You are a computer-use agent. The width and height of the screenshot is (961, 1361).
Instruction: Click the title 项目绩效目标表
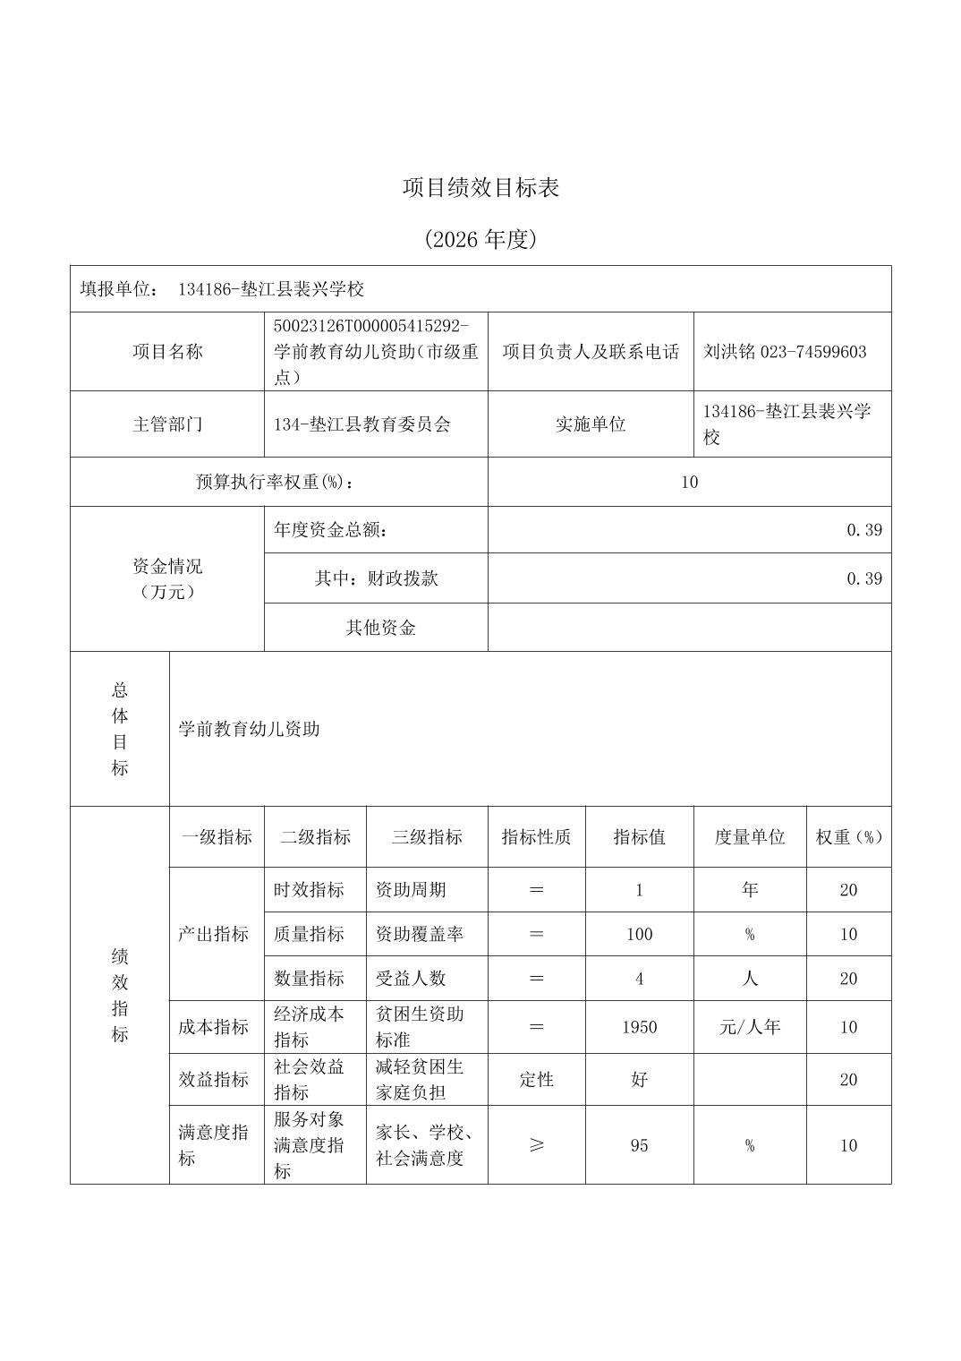(480, 188)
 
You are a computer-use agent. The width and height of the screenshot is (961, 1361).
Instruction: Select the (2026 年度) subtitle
(480, 239)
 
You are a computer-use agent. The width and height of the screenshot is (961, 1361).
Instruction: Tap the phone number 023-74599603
(813, 352)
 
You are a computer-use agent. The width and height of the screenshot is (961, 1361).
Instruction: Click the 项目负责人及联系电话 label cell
(591, 352)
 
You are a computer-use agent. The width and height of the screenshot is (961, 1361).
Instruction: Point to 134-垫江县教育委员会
(362, 424)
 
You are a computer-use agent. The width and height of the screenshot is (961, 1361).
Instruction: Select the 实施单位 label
(591, 424)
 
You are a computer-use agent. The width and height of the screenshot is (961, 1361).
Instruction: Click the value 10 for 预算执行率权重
(689, 483)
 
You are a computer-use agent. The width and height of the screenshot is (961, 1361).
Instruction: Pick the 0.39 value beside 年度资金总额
(864, 530)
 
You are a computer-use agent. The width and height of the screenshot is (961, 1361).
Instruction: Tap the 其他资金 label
(380, 628)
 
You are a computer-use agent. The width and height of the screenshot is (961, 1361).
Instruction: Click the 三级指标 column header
(427, 837)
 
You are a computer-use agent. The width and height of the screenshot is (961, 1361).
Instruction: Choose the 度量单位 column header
(750, 837)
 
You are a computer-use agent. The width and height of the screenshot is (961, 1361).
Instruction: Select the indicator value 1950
(639, 1027)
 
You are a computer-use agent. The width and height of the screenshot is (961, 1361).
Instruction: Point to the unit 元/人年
(750, 1027)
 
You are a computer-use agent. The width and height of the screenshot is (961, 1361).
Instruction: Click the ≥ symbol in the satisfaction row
(537, 1145)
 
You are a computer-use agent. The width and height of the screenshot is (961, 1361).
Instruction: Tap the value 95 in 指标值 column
(639, 1145)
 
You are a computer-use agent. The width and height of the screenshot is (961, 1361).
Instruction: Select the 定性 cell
(537, 1080)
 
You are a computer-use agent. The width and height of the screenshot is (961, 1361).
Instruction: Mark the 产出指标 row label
(213, 934)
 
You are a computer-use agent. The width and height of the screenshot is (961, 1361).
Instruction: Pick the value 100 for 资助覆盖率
(639, 934)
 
